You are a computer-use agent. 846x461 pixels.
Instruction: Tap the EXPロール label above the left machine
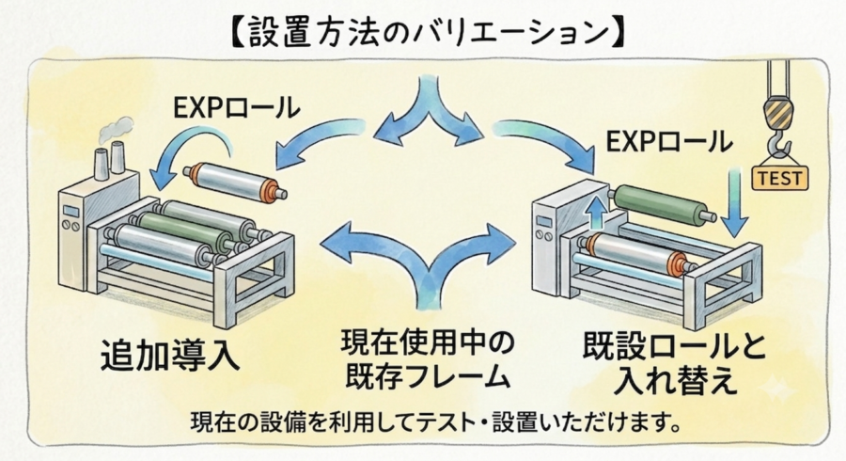click(x=237, y=107)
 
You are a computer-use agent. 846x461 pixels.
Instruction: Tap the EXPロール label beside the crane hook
click(x=669, y=142)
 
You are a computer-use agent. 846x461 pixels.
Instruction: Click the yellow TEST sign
click(x=780, y=178)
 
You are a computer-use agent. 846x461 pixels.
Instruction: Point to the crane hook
click(x=779, y=130)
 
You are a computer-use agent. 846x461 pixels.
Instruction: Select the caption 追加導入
click(x=170, y=356)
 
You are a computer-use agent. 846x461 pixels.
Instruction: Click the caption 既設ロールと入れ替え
click(x=674, y=363)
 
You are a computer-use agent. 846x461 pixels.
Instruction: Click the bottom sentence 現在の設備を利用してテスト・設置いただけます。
click(x=435, y=422)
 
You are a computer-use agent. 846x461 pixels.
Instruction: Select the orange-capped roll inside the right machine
click(x=636, y=253)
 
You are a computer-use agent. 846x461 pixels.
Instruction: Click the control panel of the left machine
click(x=71, y=217)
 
